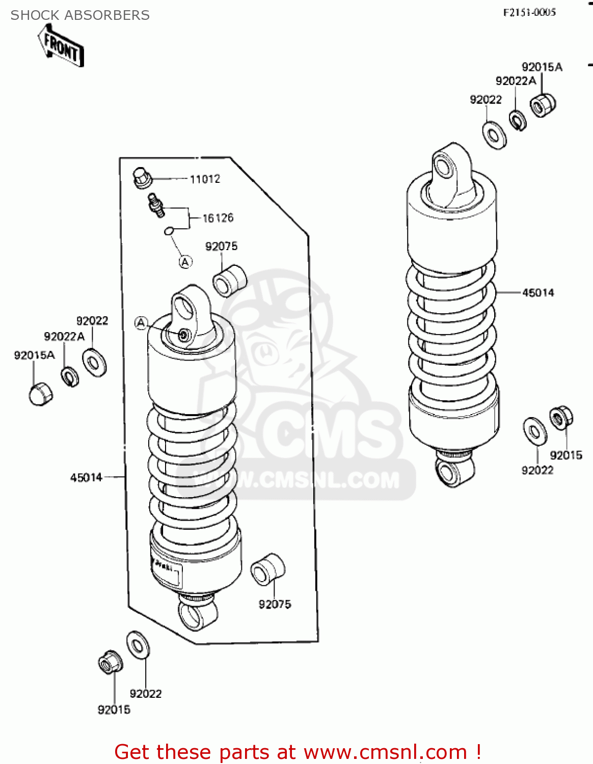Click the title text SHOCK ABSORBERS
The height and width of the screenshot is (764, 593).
(x=80, y=15)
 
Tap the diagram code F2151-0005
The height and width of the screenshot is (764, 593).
(x=529, y=12)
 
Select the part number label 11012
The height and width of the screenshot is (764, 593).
(x=205, y=179)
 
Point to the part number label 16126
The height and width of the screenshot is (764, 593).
(x=218, y=218)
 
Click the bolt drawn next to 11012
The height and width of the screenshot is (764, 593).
(x=142, y=178)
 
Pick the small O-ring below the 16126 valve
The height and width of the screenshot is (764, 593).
(x=169, y=231)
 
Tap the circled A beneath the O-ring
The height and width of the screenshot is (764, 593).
(x=185, y=262)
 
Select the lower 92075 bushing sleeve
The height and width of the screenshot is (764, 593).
(x=267, y=569)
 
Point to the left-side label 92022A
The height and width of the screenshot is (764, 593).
(x=64, y=337)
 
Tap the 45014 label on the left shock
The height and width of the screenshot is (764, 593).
(x=86, y=477)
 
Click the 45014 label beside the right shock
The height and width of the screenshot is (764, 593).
(x=538, y=292)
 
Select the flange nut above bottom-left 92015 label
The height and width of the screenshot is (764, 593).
(x=110, y=662)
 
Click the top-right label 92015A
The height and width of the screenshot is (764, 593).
(x=542, y=67)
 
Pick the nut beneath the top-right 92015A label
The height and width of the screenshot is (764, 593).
(x=543, y=105)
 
